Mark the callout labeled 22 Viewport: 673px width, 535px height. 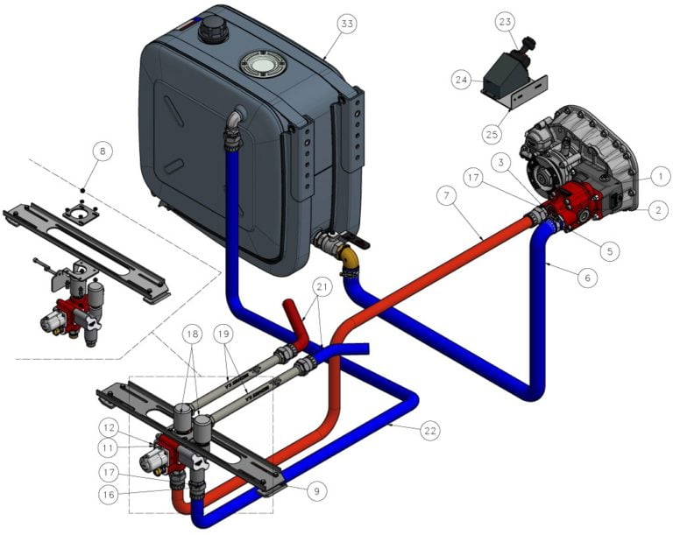coord(429,431)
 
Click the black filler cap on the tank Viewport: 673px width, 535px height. coord(213,31)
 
